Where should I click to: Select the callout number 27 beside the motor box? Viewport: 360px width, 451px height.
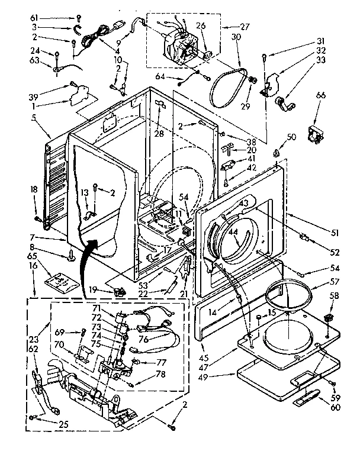click(x=229, y=26)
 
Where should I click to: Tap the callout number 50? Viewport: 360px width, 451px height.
click(x=291, y=137)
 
